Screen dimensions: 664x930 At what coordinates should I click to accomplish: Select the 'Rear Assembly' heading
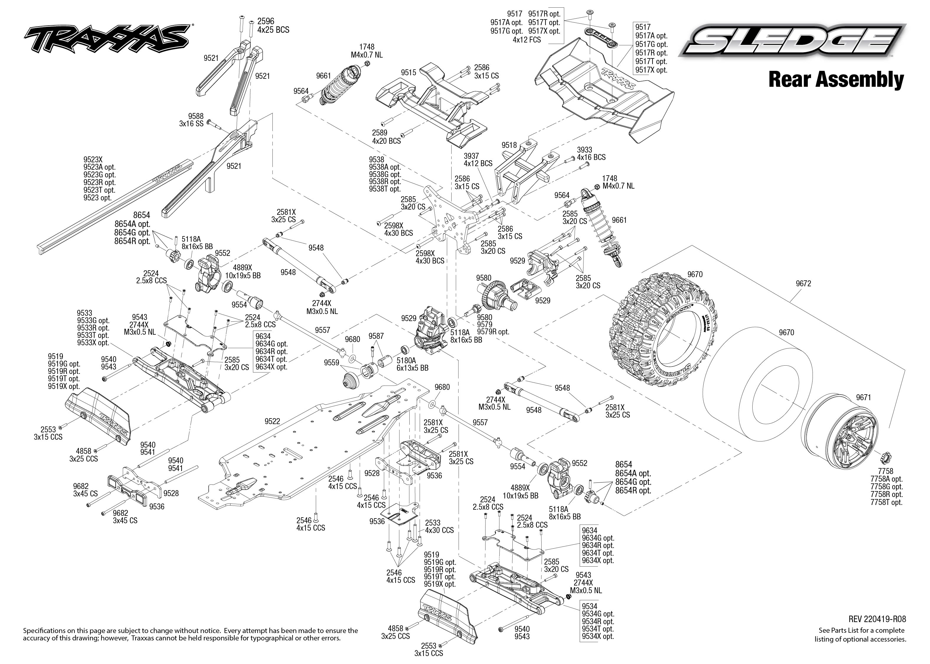coord(836,79)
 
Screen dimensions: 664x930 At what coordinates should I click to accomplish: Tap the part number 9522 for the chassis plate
coord(272,421)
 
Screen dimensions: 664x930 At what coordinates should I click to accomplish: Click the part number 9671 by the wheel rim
coord(864,397)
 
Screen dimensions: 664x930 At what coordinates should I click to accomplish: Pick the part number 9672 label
coord(803,283)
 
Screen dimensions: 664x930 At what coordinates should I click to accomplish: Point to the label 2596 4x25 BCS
coord(273,25)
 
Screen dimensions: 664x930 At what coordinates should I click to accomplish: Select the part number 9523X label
coord(94,159)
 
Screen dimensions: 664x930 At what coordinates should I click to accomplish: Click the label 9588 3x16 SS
coord(191,120)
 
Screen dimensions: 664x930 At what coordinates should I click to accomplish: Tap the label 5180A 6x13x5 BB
coord(412,364)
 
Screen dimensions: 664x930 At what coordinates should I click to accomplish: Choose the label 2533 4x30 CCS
coord(439,526)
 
